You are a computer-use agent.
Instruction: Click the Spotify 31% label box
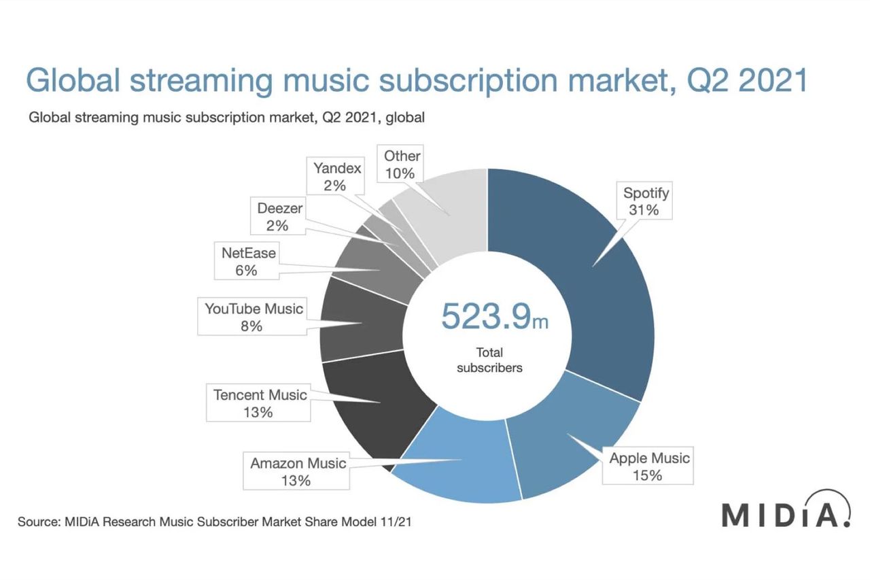pyautogui.click(x=646, y=201)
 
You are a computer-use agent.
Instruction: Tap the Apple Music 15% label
pyautogui.click(x=648, y=466)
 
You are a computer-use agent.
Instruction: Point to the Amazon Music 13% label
pyautogui.click(x=298, y=472)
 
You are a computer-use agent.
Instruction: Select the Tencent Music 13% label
pyautogui.click(x=260, y=403)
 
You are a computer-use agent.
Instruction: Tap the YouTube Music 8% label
pyautogui.click(x=253, y=318)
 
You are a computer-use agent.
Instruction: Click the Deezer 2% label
pyautogui.click(x=278, y=217)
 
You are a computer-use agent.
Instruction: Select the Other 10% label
pyautogui.click(x=402, y=165)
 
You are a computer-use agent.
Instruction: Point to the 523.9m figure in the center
pyautogui.click(x=493, y=315)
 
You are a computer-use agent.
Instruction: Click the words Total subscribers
pyautogui.click(x=489, y=360)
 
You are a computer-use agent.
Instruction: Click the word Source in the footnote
pyautogui.click(x=38, y=522)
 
